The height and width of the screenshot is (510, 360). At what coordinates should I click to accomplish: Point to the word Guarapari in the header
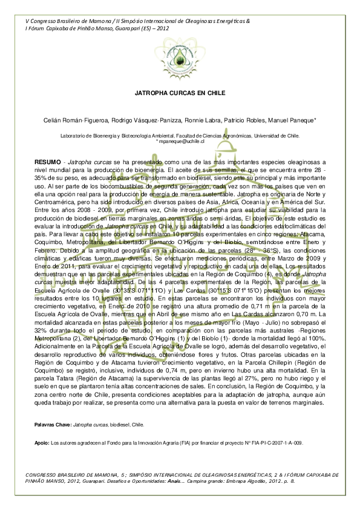(x=121, y=27)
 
